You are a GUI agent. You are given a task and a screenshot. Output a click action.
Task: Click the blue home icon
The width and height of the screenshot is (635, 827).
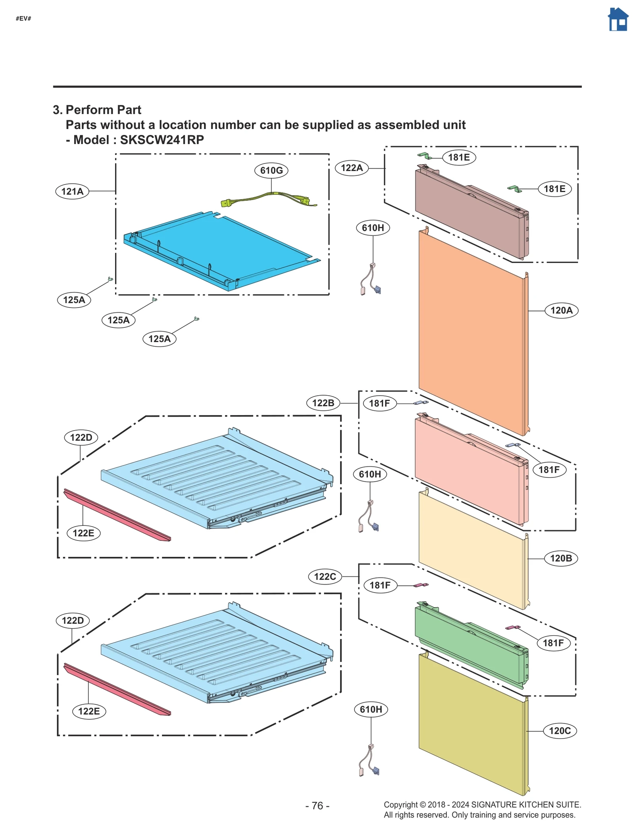click(x=618, y=20)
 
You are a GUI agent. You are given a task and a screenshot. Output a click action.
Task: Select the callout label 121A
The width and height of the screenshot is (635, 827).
click(x=72, y=192)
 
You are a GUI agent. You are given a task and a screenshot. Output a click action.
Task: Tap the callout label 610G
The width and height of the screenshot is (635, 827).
click(x=271, y=171)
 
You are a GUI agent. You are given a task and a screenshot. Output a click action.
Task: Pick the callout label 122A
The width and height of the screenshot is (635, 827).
click(x=352, y=168)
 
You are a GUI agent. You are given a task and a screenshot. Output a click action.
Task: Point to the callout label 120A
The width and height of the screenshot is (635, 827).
click(x=561, y=310)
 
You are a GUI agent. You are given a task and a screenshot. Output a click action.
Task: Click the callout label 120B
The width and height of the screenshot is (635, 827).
click(x=561, y=558)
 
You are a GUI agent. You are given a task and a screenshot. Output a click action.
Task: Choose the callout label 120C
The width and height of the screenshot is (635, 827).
click(x=560, y=731)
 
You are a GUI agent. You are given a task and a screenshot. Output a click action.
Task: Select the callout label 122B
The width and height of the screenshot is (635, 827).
click(x=323, y=403)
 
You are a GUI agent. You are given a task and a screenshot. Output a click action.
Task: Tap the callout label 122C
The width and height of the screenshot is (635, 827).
click(x=325, y=577)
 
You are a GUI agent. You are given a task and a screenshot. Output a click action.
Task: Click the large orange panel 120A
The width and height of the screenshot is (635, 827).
click(x=472, y=333)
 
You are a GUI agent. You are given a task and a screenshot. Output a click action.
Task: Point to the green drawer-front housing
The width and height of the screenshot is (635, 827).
click(x=470, y=645)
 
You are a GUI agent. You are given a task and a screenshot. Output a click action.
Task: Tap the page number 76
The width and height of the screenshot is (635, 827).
click(x=317, y=806)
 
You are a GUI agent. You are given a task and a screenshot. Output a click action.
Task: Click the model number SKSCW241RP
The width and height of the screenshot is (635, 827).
click(x=162, y=140)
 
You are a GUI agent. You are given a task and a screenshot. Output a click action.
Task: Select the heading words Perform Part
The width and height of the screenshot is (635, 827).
click(x=103, y=110)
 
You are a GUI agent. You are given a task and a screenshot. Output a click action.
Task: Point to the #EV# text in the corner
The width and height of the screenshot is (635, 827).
click(x=23, y=19)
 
